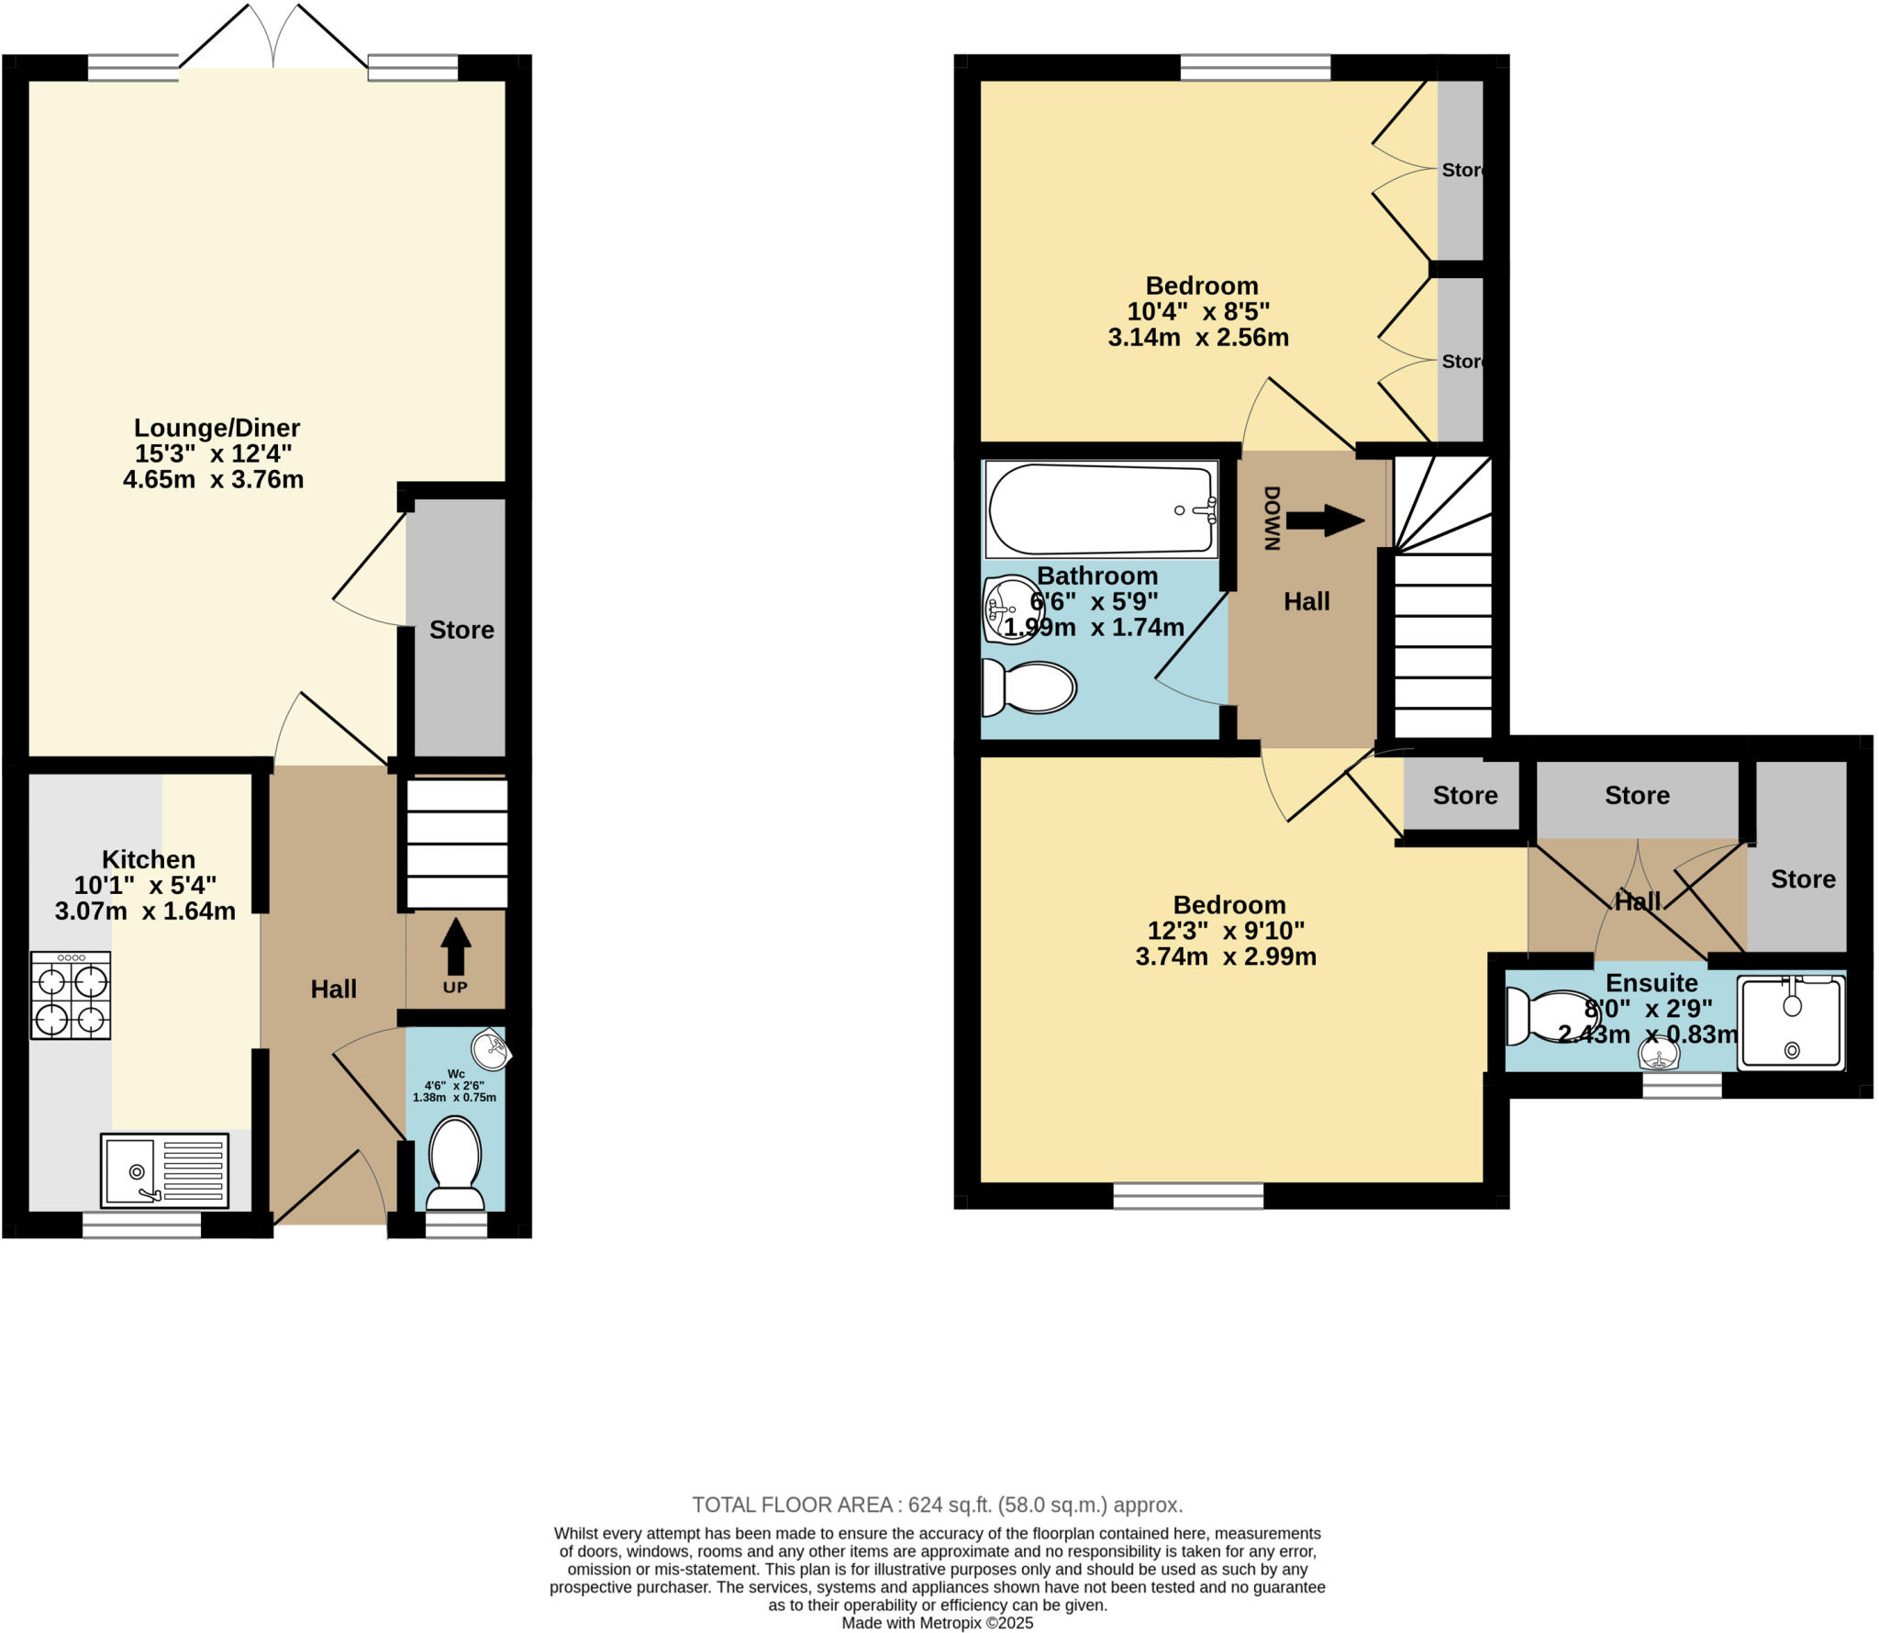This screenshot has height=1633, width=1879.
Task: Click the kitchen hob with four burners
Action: tap(71, 995)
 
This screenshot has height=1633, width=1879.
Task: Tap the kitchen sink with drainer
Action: tap(164, 1170)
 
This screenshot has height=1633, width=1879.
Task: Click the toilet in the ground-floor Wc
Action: tap(455, 1161)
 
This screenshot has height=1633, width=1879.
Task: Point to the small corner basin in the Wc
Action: tap(492, 1050)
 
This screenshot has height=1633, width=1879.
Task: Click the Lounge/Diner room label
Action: tap(217, 428)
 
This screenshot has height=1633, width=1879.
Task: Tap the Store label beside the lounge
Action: tap(461, 630)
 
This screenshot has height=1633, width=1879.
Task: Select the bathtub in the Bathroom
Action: tap(1101, 509)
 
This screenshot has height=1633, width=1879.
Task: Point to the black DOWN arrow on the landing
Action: tap(1325, 521)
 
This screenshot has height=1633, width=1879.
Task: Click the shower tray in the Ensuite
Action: tap(1790, 1023)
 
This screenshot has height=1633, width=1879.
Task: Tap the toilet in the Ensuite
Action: tap(1551, 1017)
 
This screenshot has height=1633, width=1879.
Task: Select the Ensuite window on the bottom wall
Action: tap(1682, 1085)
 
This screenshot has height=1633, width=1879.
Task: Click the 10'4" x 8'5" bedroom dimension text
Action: tap(1198, 311)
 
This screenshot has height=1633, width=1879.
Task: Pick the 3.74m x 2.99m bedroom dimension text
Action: tap(1226, 956)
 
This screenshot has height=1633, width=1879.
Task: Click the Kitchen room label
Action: tap(149, 859)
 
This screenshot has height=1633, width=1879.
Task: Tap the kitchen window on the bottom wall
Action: tap(141, 1225)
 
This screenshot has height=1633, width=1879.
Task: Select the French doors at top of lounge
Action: tap(273, 41)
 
